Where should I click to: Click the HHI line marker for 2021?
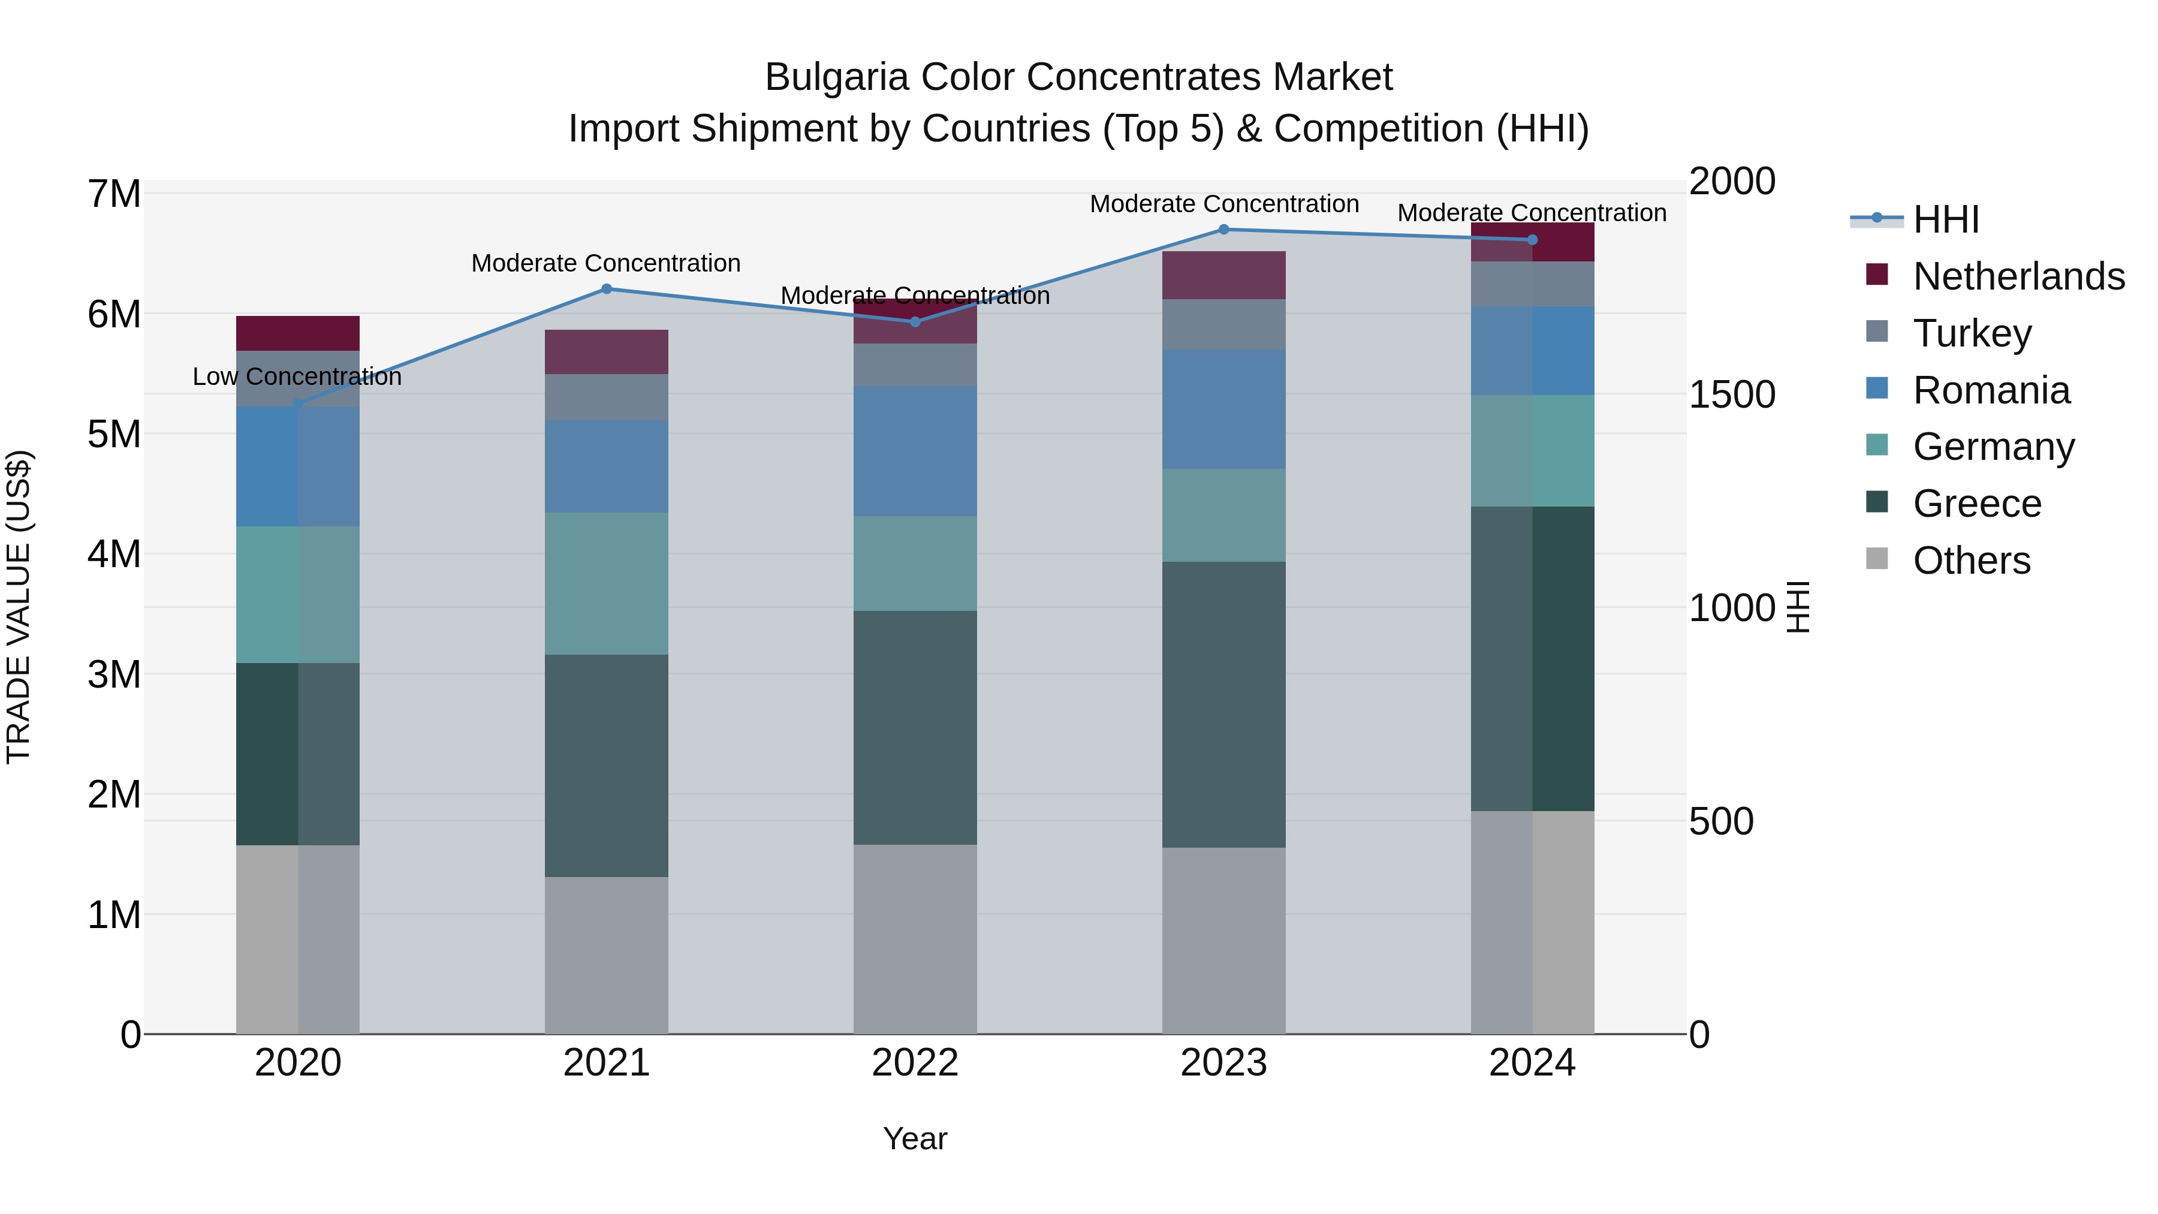(x=607, y=289)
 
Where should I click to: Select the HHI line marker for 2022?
(x=915, y=322)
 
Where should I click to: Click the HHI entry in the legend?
(x=1945, y=219)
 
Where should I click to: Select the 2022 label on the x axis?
(x=915, y=1063)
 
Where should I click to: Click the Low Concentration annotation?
(x=297, y=377)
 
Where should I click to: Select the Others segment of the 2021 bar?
(x=607, y=955)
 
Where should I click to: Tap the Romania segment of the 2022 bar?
(x=915, y=451)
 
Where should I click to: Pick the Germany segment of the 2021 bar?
(x=607, y=583)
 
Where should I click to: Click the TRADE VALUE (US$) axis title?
(x=19, y=607)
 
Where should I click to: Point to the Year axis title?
(x=915, y=1138)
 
